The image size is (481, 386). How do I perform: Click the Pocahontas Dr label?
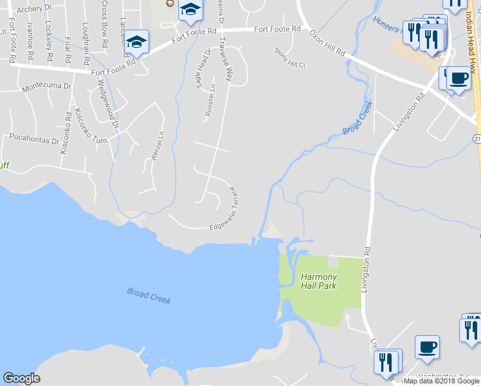33,138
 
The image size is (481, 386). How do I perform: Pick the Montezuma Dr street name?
46,86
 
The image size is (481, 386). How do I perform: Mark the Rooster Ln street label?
210,99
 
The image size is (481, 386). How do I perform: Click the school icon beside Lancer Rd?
136,42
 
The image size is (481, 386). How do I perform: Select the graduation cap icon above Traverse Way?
190,10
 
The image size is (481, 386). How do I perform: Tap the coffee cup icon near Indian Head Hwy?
458,78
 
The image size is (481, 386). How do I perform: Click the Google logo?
21,378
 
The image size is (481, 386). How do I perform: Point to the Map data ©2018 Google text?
442,381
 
